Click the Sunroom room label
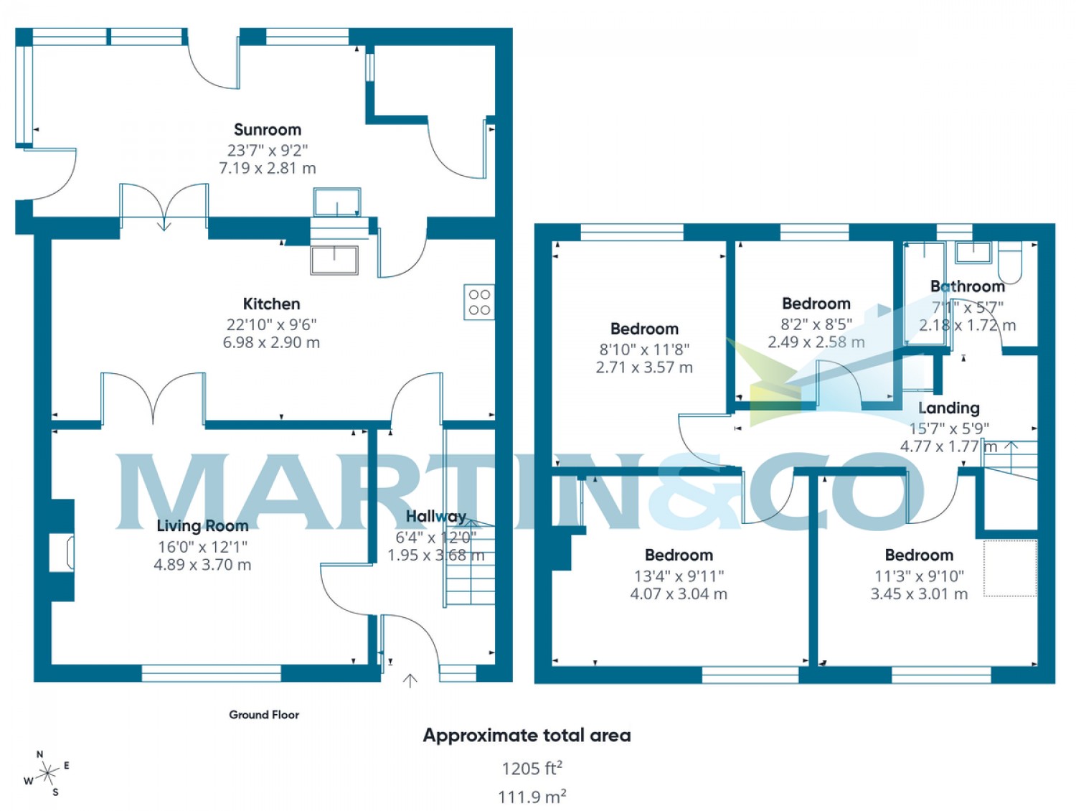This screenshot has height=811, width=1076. (268, 130)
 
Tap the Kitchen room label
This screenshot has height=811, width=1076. (271, 304)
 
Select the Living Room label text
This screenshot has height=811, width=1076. (202, 526)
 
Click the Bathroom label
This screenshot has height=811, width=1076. (967, 286)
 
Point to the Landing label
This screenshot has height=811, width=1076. (948, 408)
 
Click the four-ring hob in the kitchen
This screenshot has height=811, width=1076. (479, 302)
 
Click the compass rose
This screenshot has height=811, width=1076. (47, 774)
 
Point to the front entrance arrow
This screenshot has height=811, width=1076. (410, 680)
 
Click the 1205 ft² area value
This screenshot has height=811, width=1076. (532, 769)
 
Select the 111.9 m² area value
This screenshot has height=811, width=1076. (532, 797)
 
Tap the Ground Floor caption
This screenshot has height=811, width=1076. (264, 715)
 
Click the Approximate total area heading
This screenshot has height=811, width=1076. (527, 736)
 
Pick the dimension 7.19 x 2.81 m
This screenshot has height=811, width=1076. (268, 169)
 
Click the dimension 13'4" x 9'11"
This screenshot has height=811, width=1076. (679, 576)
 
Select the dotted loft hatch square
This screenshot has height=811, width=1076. (1010, 568)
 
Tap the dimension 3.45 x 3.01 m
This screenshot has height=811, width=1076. (919, 594)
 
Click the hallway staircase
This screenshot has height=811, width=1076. (470, 567)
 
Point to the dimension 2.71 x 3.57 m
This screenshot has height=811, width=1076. (644, 367)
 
